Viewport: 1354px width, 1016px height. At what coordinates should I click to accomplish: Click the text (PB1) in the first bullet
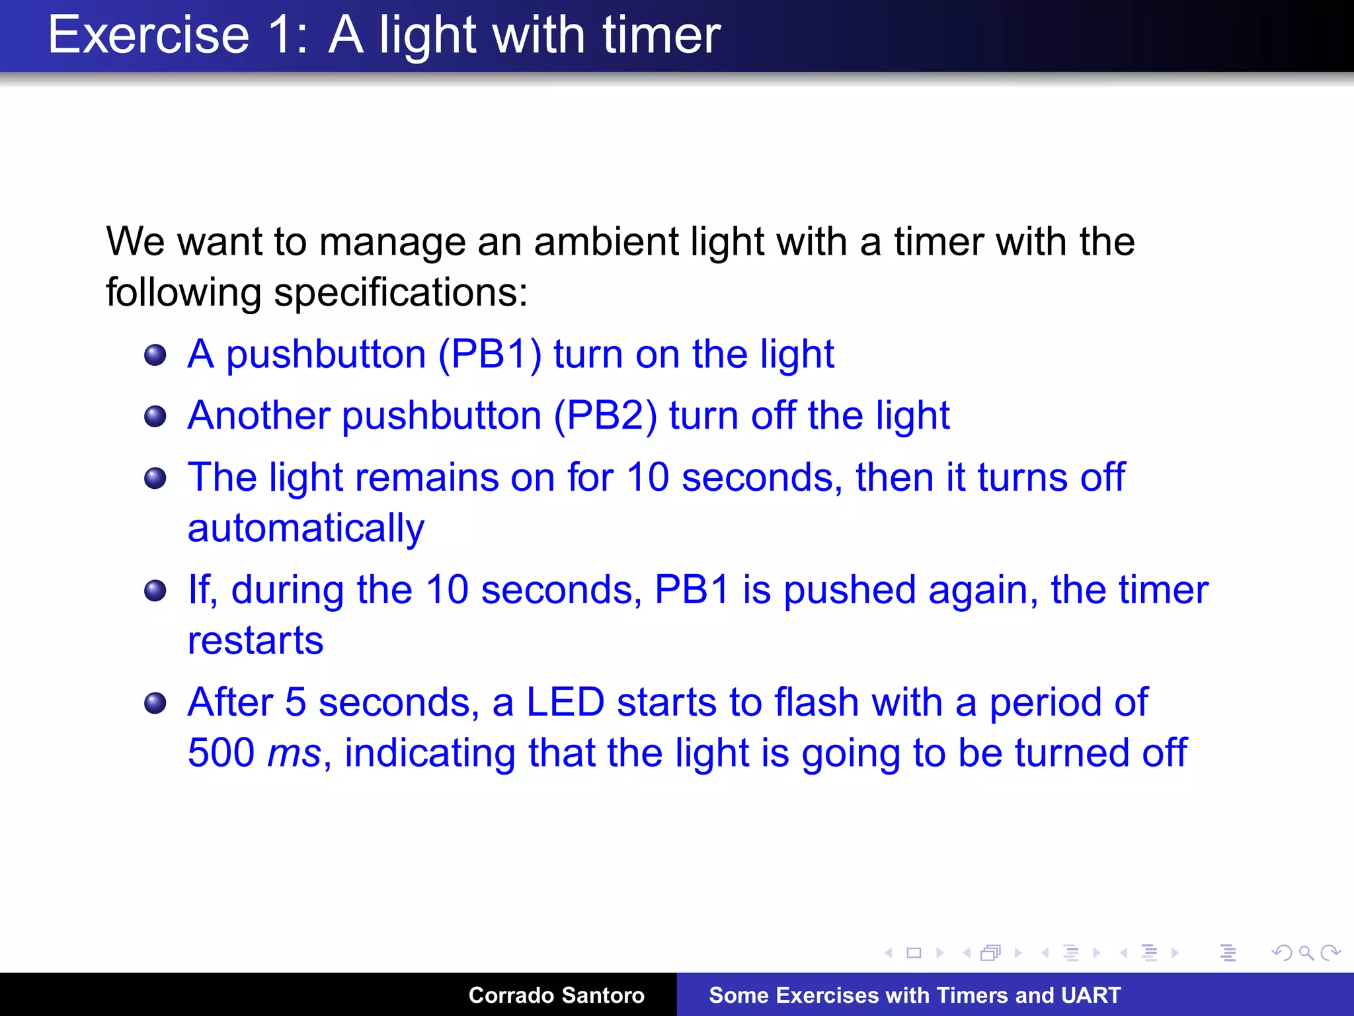(490, 355)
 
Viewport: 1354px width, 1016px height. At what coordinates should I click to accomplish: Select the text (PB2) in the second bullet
(605, 416)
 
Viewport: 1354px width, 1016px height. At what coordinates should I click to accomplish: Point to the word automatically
(305, 529)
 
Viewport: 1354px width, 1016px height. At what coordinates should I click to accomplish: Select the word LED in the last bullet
(565, 702)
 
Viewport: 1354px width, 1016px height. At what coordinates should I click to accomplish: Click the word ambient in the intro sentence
(606, 241)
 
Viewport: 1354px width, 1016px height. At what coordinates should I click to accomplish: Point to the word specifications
(400, 292)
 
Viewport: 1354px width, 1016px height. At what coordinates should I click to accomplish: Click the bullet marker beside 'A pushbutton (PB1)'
(155, 355)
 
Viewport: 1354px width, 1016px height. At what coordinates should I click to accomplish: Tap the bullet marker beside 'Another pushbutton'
(155, 417)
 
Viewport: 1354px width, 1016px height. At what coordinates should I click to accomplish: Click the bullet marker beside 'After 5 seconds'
(155, 703)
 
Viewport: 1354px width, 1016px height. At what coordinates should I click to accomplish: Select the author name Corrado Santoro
(556, 995)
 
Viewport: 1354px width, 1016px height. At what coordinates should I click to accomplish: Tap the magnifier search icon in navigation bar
(1306, 952)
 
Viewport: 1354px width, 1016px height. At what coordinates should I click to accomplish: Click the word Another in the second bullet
(259, 416)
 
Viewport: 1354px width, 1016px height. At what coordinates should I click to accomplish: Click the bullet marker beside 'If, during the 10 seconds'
(155, 591)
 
